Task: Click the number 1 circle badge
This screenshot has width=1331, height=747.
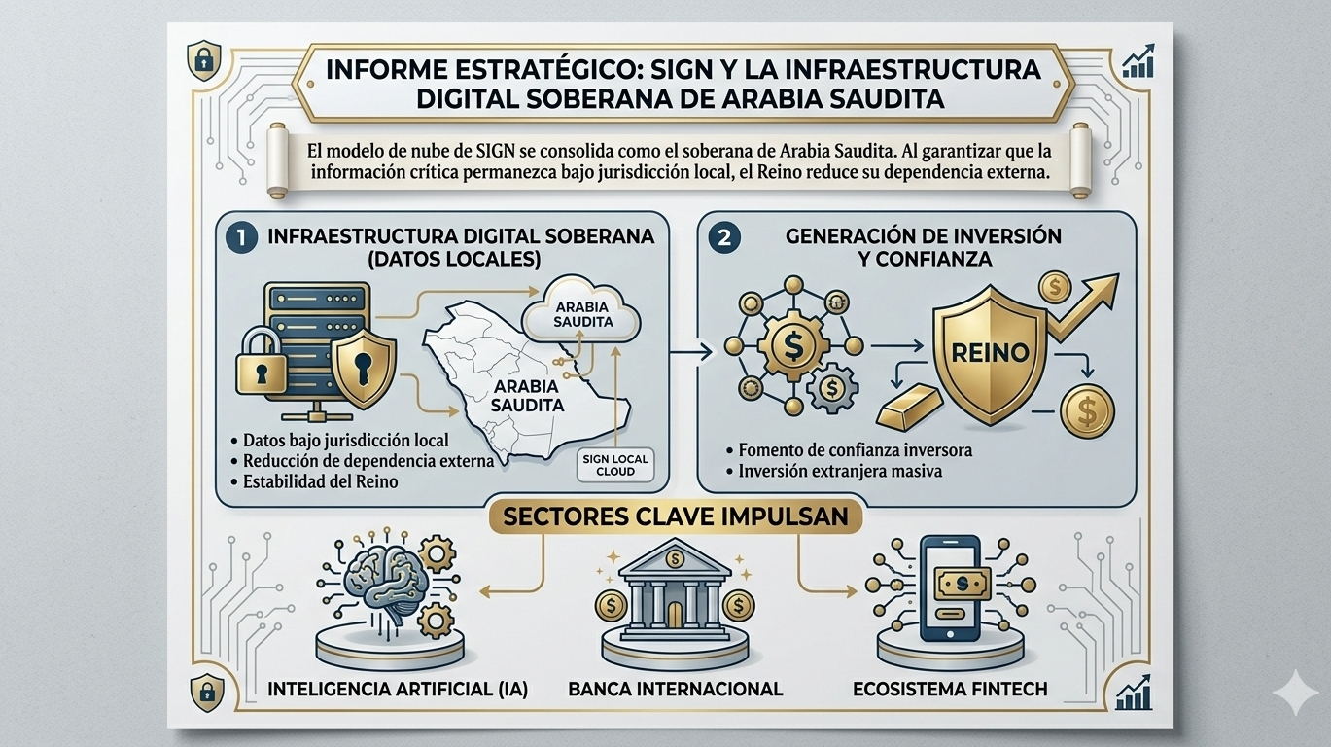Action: coord(239,235)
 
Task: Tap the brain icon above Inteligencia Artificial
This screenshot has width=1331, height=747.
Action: coord(376,584)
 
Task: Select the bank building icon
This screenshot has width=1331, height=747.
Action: coord(675,593)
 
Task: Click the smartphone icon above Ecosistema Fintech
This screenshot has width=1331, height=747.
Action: coord(948,589)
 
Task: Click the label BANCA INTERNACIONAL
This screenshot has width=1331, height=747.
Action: coord(675,689)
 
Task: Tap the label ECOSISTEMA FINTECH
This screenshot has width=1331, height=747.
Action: coord(949,689)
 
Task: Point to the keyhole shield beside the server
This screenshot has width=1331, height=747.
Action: coord(362,367)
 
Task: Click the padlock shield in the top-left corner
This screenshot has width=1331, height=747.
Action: coord(203,60)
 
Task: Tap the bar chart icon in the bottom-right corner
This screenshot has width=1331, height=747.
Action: coord(1136,692)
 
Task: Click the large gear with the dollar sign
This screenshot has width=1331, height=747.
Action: coord(786,345)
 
